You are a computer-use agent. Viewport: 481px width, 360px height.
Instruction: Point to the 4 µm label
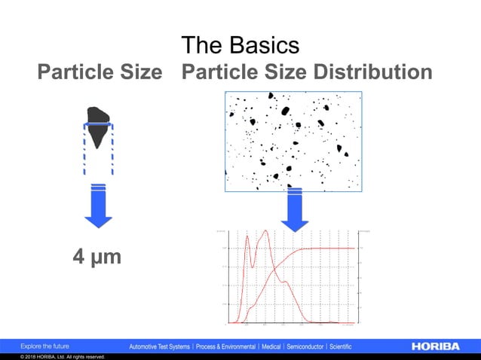tap(97, 258)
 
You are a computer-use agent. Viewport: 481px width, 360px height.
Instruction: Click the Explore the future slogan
tap(44, 346)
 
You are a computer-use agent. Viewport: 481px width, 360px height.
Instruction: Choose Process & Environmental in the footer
tap(225, 346)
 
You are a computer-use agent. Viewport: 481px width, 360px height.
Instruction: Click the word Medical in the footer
tap(271, 346)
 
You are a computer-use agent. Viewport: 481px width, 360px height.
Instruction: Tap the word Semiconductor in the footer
tap(305, 346)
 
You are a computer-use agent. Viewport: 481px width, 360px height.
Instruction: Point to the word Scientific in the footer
tap(341, 346)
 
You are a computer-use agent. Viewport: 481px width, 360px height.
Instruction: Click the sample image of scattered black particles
tap(293, 141)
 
